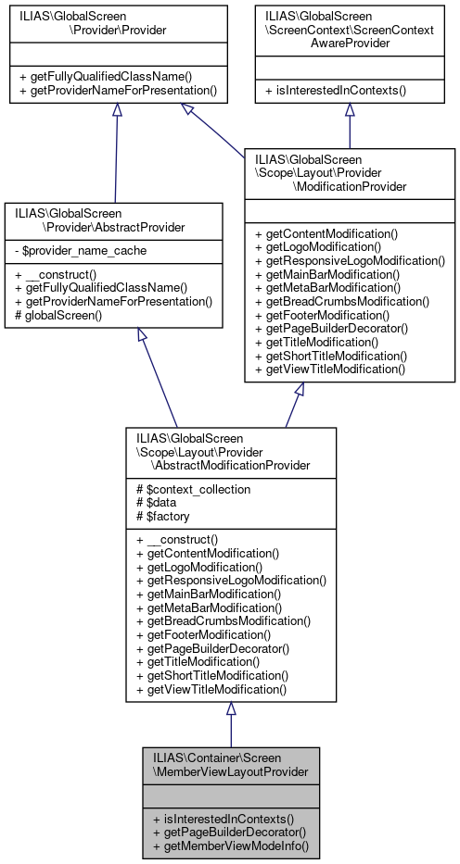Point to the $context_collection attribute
[193, 488]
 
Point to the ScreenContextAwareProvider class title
[350, 31]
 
